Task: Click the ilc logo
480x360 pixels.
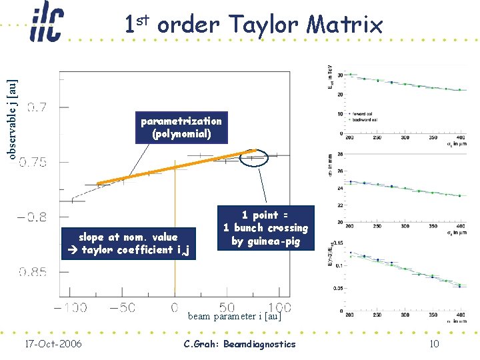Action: point(46,24)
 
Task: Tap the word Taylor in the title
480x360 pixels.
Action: point(261,25)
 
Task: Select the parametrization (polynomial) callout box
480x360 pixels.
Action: point(181,127)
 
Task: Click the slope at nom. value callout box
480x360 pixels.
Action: point(129,243)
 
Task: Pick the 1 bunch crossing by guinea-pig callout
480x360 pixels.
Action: point(265,228)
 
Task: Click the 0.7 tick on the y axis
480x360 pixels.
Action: point(37,106)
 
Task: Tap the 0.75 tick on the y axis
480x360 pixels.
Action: point(33,162)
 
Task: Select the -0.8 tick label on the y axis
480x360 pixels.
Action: point(31,217)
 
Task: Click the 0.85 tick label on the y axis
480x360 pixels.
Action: point(33,272)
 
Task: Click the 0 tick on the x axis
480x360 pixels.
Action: point(174,308)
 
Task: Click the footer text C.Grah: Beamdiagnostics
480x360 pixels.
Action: point(239,344)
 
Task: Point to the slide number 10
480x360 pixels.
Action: point(434,344)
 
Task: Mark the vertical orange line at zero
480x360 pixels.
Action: point(174,233)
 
